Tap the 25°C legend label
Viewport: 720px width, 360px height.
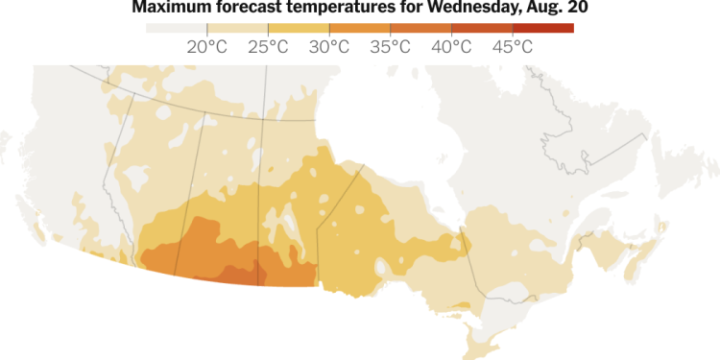point(269,46)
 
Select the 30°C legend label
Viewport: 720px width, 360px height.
point(330,46)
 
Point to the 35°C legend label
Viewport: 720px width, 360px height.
point(391,46)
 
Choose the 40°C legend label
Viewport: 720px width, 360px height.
point(452,46)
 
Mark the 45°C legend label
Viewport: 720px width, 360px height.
point(513,46)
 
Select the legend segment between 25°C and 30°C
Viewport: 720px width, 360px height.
point(299,28)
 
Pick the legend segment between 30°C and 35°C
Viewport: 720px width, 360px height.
point(360,28)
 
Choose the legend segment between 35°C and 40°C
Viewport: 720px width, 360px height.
point(420,28)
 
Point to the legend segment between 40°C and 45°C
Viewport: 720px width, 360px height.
point(482,28)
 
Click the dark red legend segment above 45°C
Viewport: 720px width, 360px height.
point(543,28)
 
